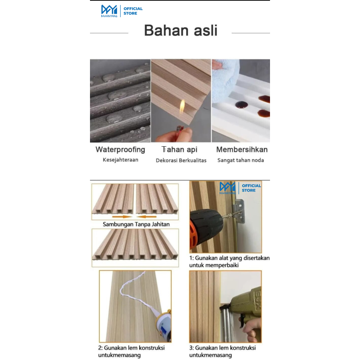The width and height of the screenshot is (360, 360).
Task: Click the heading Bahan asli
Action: [x=180, y=31]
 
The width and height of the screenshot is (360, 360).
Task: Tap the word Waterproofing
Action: [x=120, y=149]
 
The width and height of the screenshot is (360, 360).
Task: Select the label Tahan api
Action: [x=180, y=149]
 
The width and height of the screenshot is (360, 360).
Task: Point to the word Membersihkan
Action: [x=242, y=149]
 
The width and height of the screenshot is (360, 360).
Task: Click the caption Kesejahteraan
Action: [x=120, y=160]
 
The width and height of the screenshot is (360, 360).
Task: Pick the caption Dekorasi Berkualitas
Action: [x=181, y=160]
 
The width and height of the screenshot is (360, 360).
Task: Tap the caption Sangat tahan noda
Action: [x=240, y=160]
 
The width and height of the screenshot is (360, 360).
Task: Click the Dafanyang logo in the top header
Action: [x=109, y=11]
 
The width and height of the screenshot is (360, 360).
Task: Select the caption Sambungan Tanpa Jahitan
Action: [x=136, y=224]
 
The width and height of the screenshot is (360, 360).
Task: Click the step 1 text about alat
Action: [x=229, y=262]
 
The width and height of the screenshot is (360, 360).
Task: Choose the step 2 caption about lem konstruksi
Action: [x=131, y=351]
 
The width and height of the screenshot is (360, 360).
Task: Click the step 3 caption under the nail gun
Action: [x=222, y=351]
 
